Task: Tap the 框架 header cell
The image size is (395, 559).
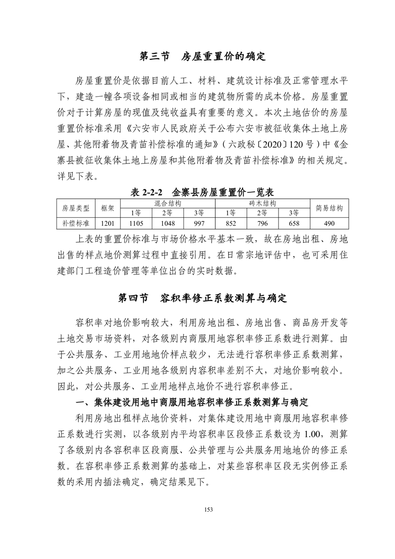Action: click(108, 208)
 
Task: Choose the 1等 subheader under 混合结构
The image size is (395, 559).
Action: click(136, 213)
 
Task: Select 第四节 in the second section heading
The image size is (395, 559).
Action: click(133, 298)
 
